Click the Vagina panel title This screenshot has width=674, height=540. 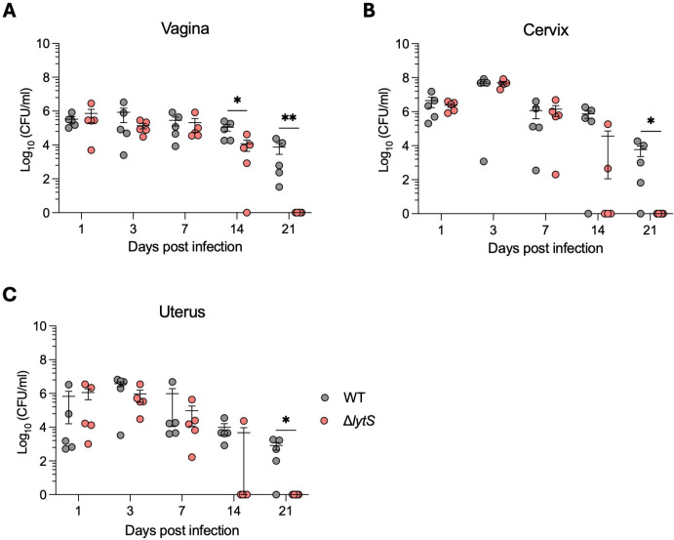click(184, 29)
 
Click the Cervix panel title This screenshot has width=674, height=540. click(546, 29)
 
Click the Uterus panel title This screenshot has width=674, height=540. click(181, 312)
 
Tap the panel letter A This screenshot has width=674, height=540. click(9, 11)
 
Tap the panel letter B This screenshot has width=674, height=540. click(369, 11)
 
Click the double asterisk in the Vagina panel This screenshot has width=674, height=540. click(289, 118)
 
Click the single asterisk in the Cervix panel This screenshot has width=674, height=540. click(651, 122)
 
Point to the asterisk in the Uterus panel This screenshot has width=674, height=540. click(286, 420)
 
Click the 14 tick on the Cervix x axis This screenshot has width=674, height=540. click(598, 229)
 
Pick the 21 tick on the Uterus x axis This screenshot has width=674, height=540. click(286, 511)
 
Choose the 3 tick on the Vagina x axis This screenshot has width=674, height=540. click(134, 228)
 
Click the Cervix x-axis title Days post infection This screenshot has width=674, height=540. click(545, 248)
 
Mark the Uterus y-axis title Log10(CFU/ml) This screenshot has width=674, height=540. click(25, 411)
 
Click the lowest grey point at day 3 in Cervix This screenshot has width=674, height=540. click(484, 161)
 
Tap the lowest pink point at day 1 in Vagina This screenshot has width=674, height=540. click(91, 149)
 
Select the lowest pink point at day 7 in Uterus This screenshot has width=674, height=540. click(192, 457)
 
